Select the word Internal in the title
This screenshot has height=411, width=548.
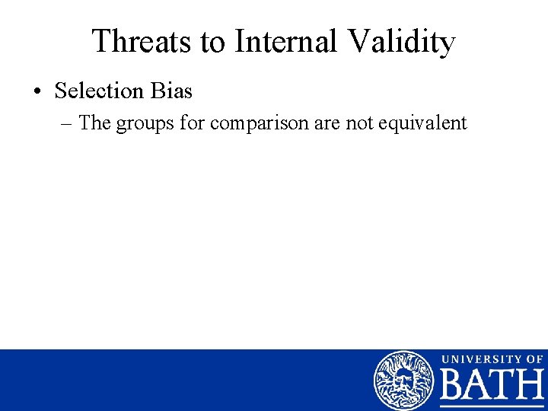291,42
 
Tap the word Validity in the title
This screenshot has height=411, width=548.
403,42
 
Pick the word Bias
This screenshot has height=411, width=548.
171,91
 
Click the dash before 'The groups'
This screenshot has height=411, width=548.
66,123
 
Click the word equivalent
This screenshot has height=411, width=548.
423,123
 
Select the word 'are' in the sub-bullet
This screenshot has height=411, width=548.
326,123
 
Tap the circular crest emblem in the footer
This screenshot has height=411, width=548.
403,380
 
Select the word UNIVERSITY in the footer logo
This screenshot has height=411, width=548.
479,359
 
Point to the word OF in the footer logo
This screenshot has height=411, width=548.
534,359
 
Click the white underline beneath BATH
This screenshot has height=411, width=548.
492,406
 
